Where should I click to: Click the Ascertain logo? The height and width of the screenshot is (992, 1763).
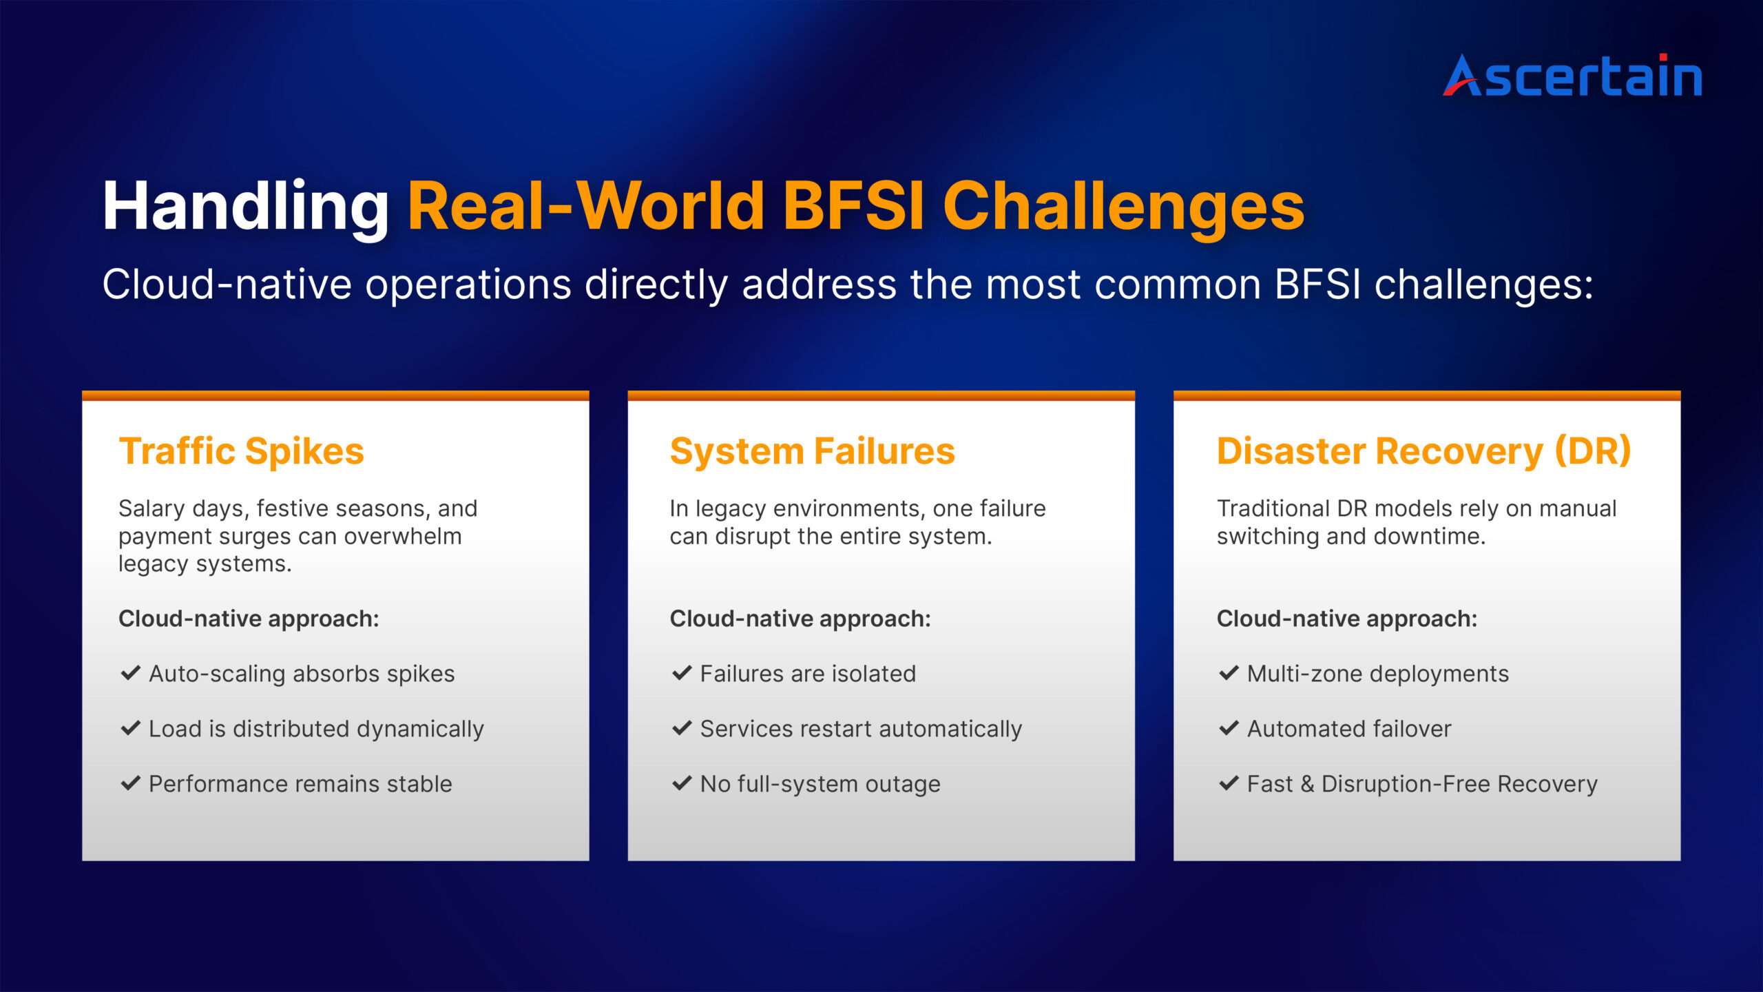tap(1572, 76)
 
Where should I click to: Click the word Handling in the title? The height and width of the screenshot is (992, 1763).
tap(246, 206)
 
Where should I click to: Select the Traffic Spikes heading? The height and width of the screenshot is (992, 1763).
tap(241, 451)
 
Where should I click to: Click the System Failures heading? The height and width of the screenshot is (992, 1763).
tap(812, 451)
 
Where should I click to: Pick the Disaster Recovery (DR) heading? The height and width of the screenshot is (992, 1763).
tap(1423, 451)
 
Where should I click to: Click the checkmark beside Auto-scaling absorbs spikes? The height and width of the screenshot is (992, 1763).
tap(130, 673)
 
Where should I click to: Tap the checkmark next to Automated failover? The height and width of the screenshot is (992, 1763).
tap(1229, 728)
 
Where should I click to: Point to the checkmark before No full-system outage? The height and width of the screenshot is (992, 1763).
tap(681, 783)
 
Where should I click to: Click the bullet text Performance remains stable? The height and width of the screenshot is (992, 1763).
tap(300, 784)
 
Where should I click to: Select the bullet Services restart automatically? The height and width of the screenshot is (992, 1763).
tap(861, 729)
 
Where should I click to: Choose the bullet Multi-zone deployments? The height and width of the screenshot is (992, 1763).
tap(1377, 674)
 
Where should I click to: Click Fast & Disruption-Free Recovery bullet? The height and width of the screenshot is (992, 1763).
tap(1422, 784)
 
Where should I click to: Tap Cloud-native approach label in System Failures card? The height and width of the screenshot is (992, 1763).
tap(800, 619)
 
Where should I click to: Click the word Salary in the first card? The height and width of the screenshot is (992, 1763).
tap(151, 508)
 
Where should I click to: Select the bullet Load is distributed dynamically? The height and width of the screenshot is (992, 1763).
tap(316, 729)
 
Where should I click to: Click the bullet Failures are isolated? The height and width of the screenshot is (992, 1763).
tap(808, 674)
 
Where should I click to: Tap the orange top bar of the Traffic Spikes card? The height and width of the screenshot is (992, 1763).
tap(335, 395)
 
